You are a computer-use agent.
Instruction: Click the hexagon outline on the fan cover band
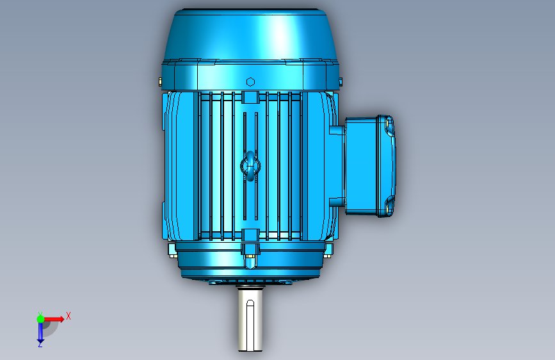click(x=250, y=82)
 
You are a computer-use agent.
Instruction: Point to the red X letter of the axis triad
click(x=68, y=316)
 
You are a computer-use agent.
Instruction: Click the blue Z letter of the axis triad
click(x=40, y=344)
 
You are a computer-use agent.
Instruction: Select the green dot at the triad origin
click(x=40, y=319)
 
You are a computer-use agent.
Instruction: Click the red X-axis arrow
click(x=54, y=319)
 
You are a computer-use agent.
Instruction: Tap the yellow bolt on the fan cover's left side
click(x=160, y=82)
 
